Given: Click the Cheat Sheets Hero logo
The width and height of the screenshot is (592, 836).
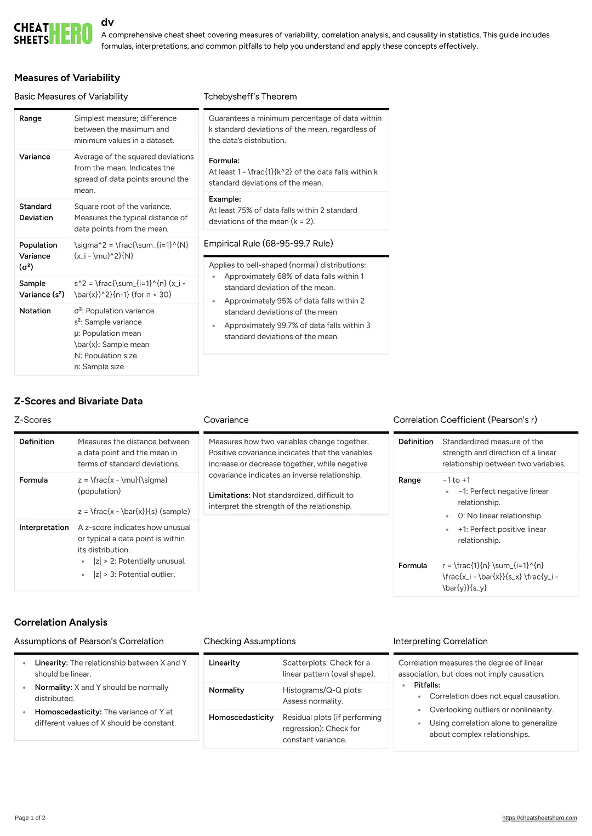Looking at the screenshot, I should (x=53, y=33).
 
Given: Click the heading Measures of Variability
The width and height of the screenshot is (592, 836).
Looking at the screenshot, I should (x=67, y=78).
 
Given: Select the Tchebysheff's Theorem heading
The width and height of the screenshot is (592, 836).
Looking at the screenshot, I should (x=250, y=96).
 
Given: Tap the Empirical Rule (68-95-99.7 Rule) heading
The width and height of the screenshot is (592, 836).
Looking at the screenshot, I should (x=268, y=243).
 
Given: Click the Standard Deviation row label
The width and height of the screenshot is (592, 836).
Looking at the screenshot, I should (x=36, y=212).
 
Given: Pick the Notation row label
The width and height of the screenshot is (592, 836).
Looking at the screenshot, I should (x=35, y=311).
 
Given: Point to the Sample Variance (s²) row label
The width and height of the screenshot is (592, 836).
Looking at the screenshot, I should (x=42, y=289).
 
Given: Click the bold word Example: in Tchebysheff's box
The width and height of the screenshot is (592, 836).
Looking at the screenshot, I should (x=225, y=199).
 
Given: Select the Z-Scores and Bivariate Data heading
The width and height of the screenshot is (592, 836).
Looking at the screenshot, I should (x=78, y=401).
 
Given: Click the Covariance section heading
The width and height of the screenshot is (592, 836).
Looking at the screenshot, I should (x=226, y=420).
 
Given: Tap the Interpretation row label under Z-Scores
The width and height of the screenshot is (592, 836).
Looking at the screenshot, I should (x=44, y=527).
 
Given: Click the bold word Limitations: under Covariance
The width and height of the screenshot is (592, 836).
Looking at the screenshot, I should (x=229, y=495).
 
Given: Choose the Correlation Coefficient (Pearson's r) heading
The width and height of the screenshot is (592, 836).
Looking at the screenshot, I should (x=465, y=420).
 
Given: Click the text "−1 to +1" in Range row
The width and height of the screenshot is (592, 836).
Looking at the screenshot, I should (x=456, y=480).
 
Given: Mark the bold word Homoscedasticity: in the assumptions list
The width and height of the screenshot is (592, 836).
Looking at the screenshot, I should (x=68, y=712).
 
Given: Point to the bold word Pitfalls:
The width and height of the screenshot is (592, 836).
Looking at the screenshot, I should (x=427, y=685).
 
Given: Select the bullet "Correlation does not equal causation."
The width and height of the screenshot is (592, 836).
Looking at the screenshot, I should (x=494, y=696).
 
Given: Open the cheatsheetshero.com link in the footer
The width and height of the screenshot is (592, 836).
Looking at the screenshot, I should (x=539, y=818).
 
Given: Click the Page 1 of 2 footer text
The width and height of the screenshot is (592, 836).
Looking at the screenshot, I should (x=30, y=818).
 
